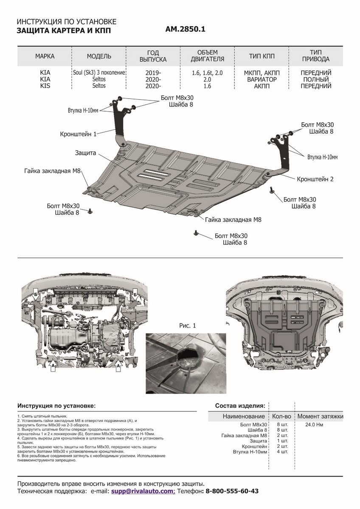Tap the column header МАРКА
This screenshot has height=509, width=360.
point(45,56)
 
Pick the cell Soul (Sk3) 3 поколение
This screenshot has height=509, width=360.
point(98,73)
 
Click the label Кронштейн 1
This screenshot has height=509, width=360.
point(79,134)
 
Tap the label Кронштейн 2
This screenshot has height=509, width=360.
point(315,179)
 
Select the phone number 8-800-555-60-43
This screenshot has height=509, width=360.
point(232,491)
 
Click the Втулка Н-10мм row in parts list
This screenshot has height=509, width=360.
point(250,452)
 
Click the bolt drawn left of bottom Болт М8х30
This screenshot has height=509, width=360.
point(196,232)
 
